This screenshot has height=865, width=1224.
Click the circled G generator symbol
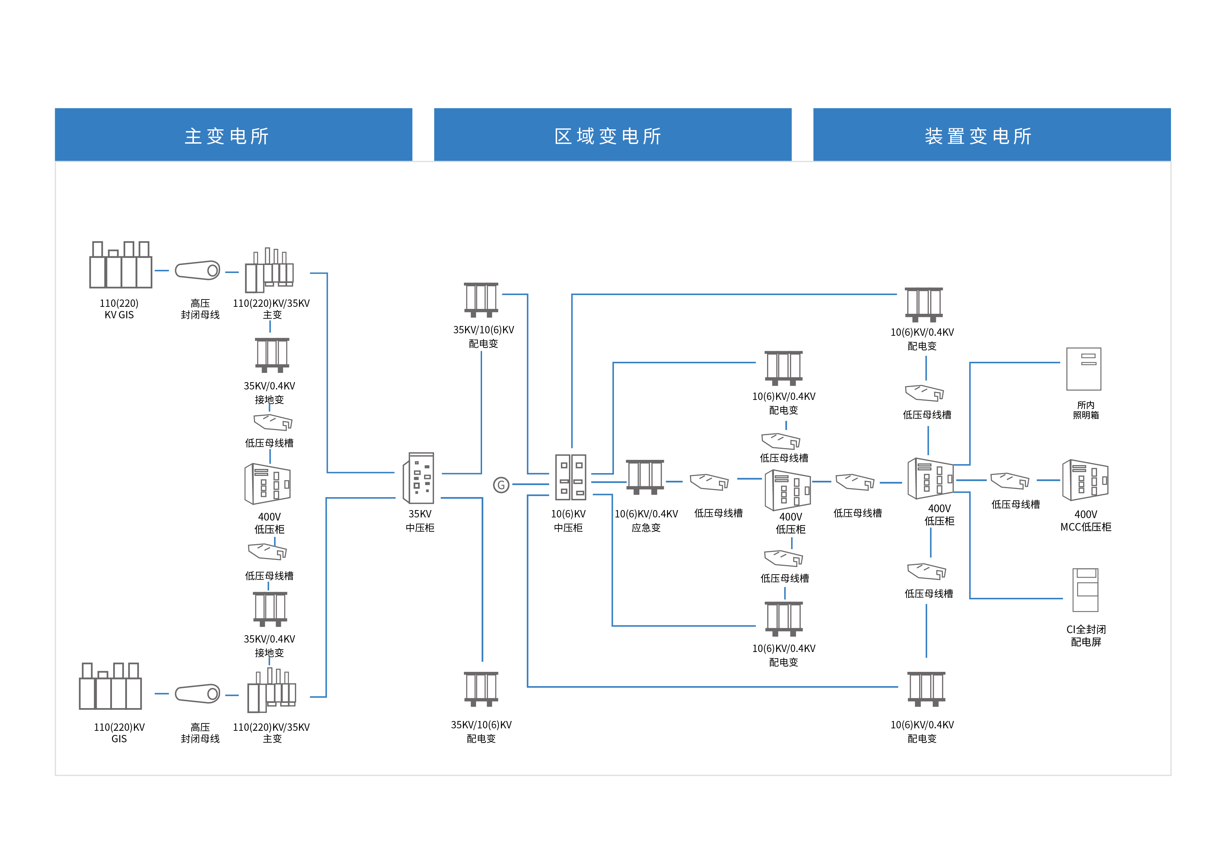click(x=501, y=485)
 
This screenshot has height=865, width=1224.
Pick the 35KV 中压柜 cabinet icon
click(x=419, y=478)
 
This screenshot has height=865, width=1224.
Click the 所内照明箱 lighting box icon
click(x=1083, y=369)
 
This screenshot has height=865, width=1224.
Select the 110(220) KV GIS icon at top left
click(x=120, y=265)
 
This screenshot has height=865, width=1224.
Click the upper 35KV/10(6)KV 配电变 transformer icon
click(x=481, y=299)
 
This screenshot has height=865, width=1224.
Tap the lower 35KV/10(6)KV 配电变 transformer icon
click(x=481, y=689)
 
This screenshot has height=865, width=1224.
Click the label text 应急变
click(x=646, y=528)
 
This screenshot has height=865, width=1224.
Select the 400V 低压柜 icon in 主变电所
click(x=268, y=484)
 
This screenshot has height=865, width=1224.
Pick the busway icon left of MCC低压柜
click(x=1009, y=481)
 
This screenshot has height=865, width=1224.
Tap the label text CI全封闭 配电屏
click(x=1086, y=635)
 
